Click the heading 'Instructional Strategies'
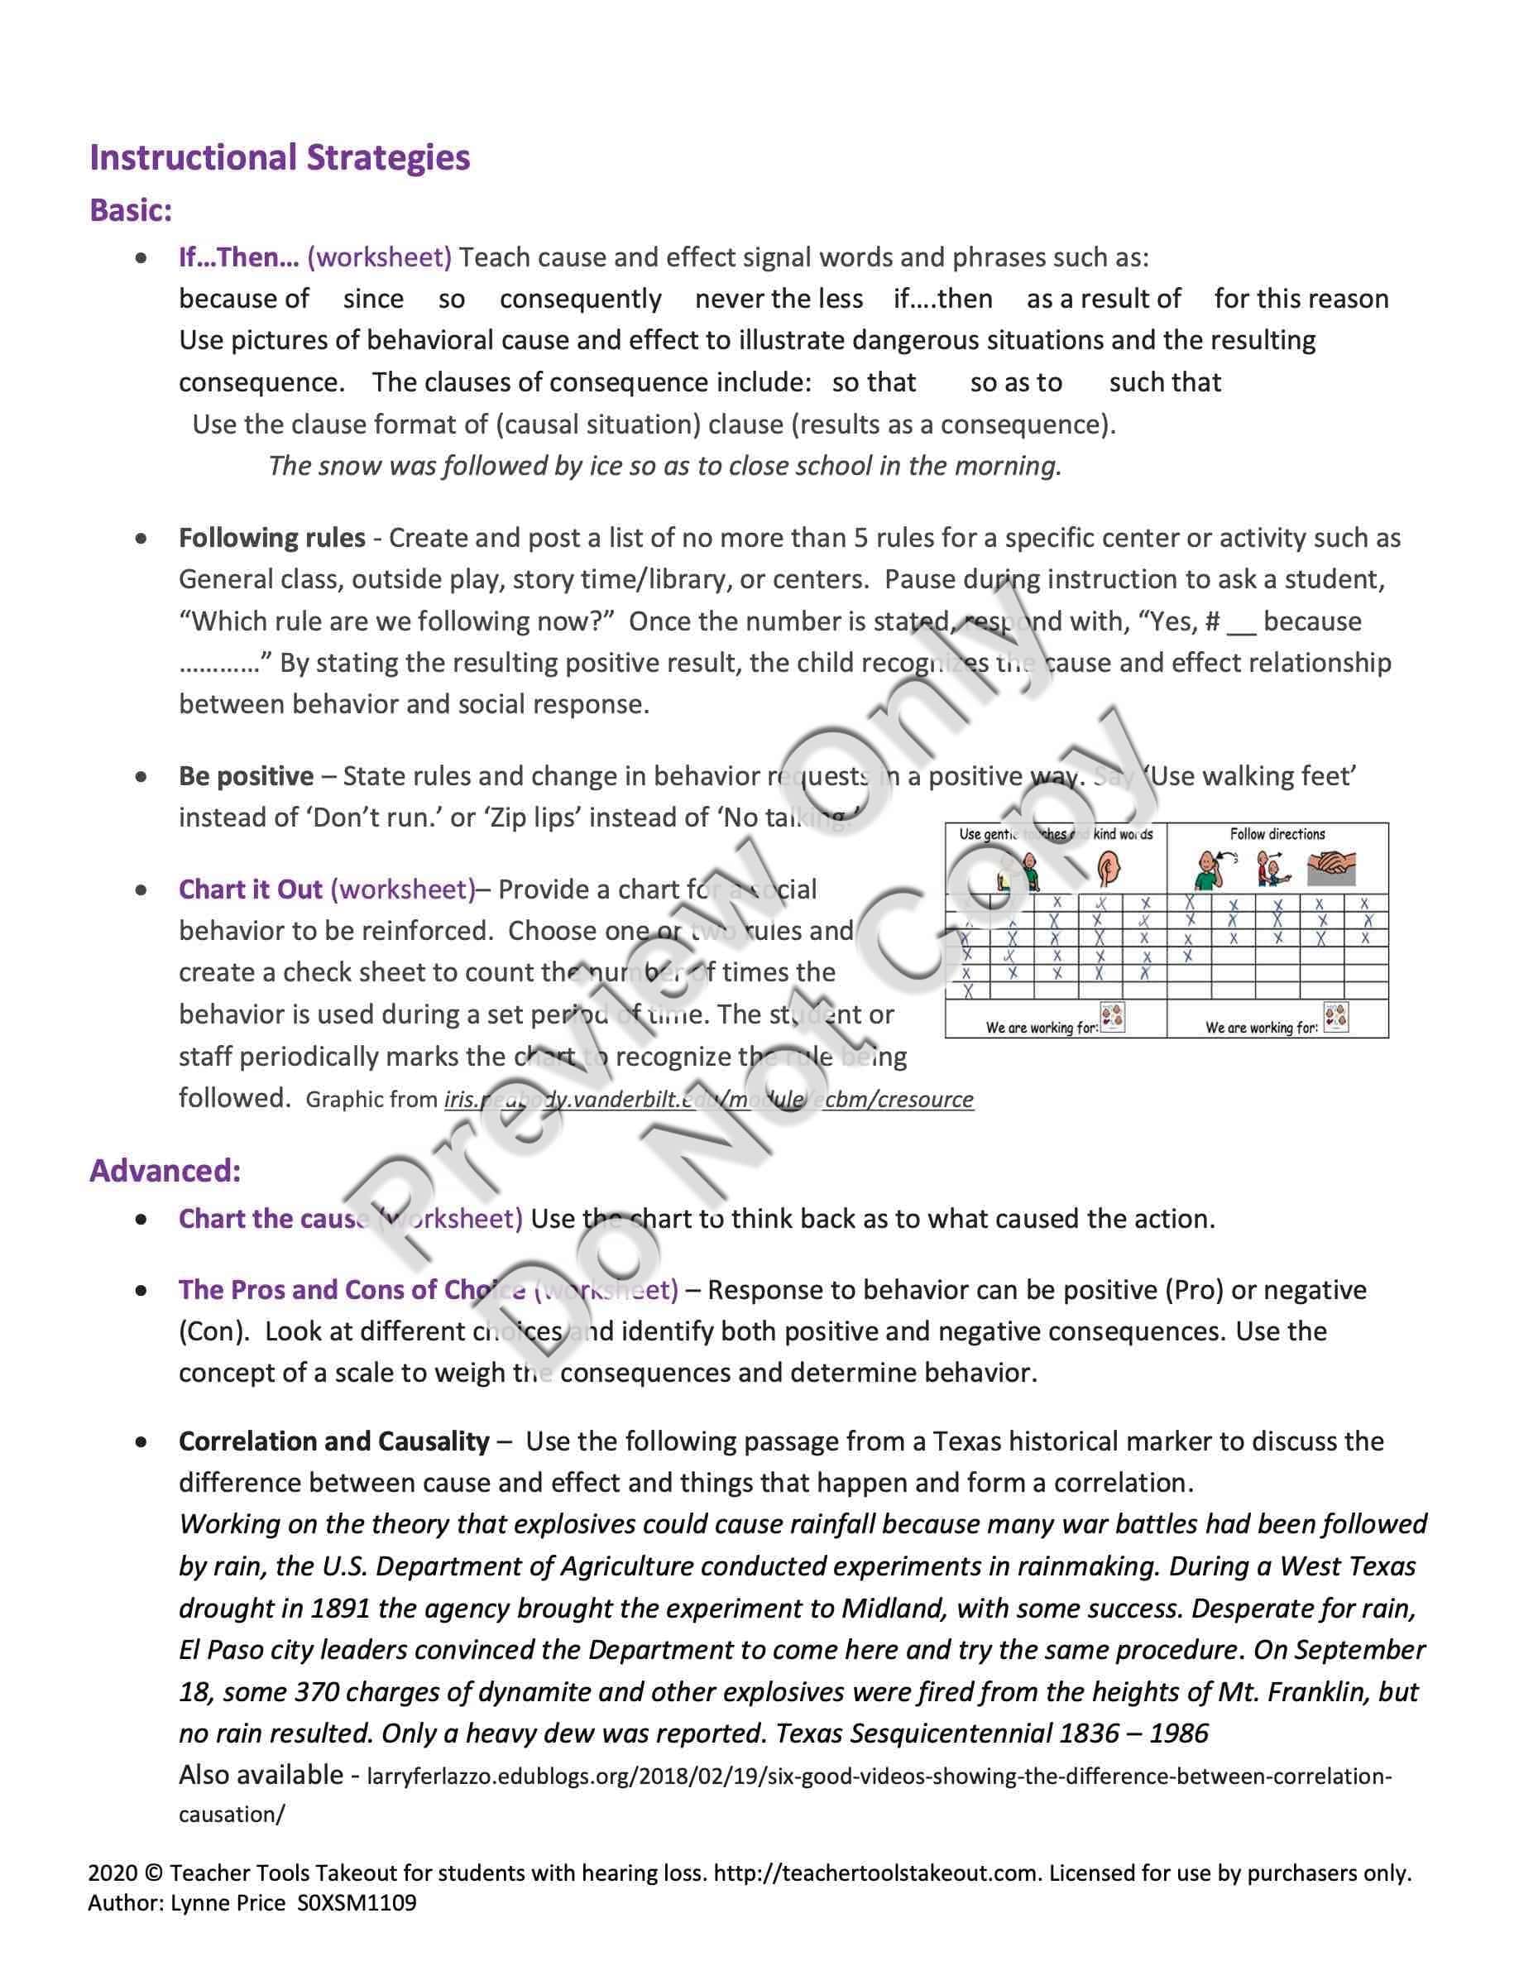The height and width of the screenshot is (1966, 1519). (x=280, y=157)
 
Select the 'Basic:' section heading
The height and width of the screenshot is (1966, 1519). (x=131, y=211)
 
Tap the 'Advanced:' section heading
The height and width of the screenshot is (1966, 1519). (x=165, y=1170)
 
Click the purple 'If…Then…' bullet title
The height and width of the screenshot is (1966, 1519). (x=238, y=257)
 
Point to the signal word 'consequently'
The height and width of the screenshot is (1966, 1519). (x=581, y=299)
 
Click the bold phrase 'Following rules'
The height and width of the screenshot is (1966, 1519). (x=271, y=539)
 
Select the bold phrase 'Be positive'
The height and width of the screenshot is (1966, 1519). (x=247, y=776)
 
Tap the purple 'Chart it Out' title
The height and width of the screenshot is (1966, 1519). (x=250, y=889)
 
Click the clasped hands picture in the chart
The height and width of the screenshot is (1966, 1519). (x=1332, y=870)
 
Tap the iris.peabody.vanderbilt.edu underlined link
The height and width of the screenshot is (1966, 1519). (x=708, y=1099)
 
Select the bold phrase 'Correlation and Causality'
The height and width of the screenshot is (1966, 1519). (x=334, y=1441)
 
